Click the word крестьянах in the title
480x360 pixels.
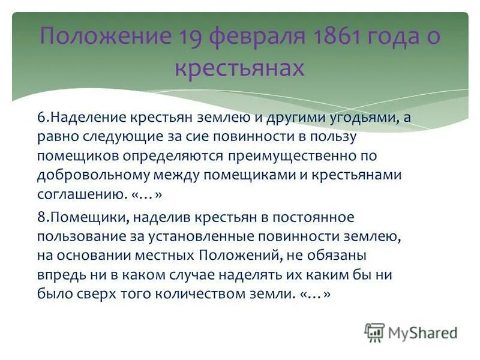pyautogui.click(x=240, y=68)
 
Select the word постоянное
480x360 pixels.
pyautogui.click(x=320, y=217)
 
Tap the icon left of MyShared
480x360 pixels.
pyautogui.click(x=374, y=332)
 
